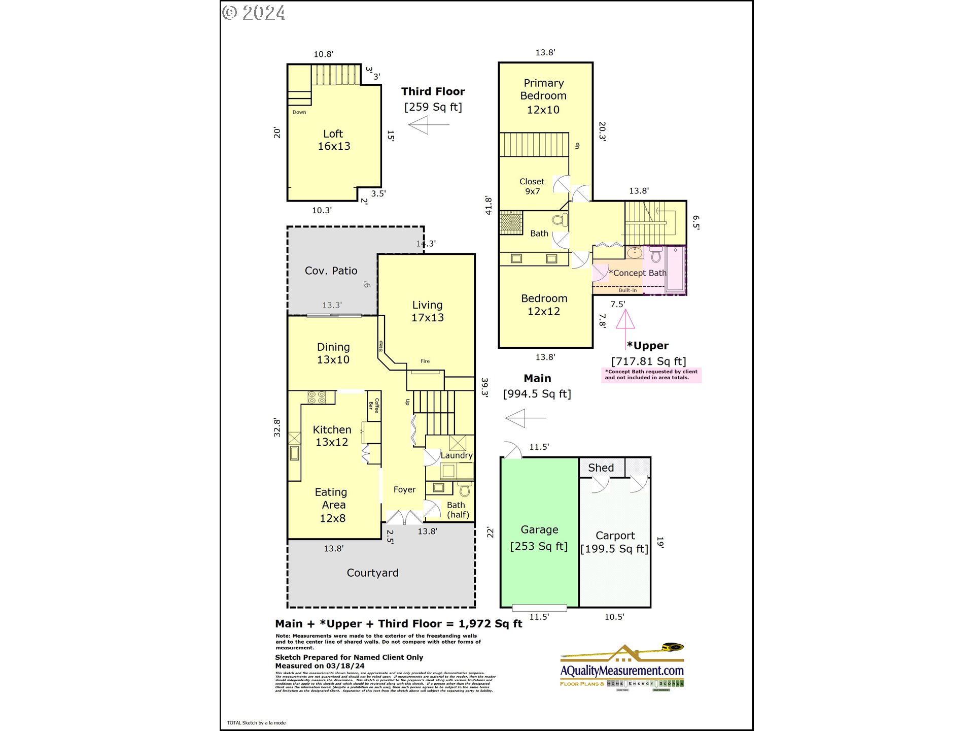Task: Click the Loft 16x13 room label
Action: [334, 140]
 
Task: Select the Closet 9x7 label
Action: [532, 186]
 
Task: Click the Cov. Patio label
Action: [331, 271]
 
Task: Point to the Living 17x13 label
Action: [427, 311]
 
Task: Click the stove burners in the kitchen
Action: [317, 397]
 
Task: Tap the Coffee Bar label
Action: [374, 406]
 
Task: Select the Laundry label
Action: [456, 455]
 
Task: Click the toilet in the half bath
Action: [464, 489]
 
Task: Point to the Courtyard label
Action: [372, 573]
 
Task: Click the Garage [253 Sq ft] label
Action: [539, 538]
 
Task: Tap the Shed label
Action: [601, 468]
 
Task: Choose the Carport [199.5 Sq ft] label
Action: [614, 542]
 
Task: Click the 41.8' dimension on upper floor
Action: [489, 206]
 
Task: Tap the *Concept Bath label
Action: [637, 273]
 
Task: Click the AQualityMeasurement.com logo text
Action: [622, 671]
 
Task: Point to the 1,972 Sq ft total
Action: [490, 624]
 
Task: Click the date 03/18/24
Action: [345, 666]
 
